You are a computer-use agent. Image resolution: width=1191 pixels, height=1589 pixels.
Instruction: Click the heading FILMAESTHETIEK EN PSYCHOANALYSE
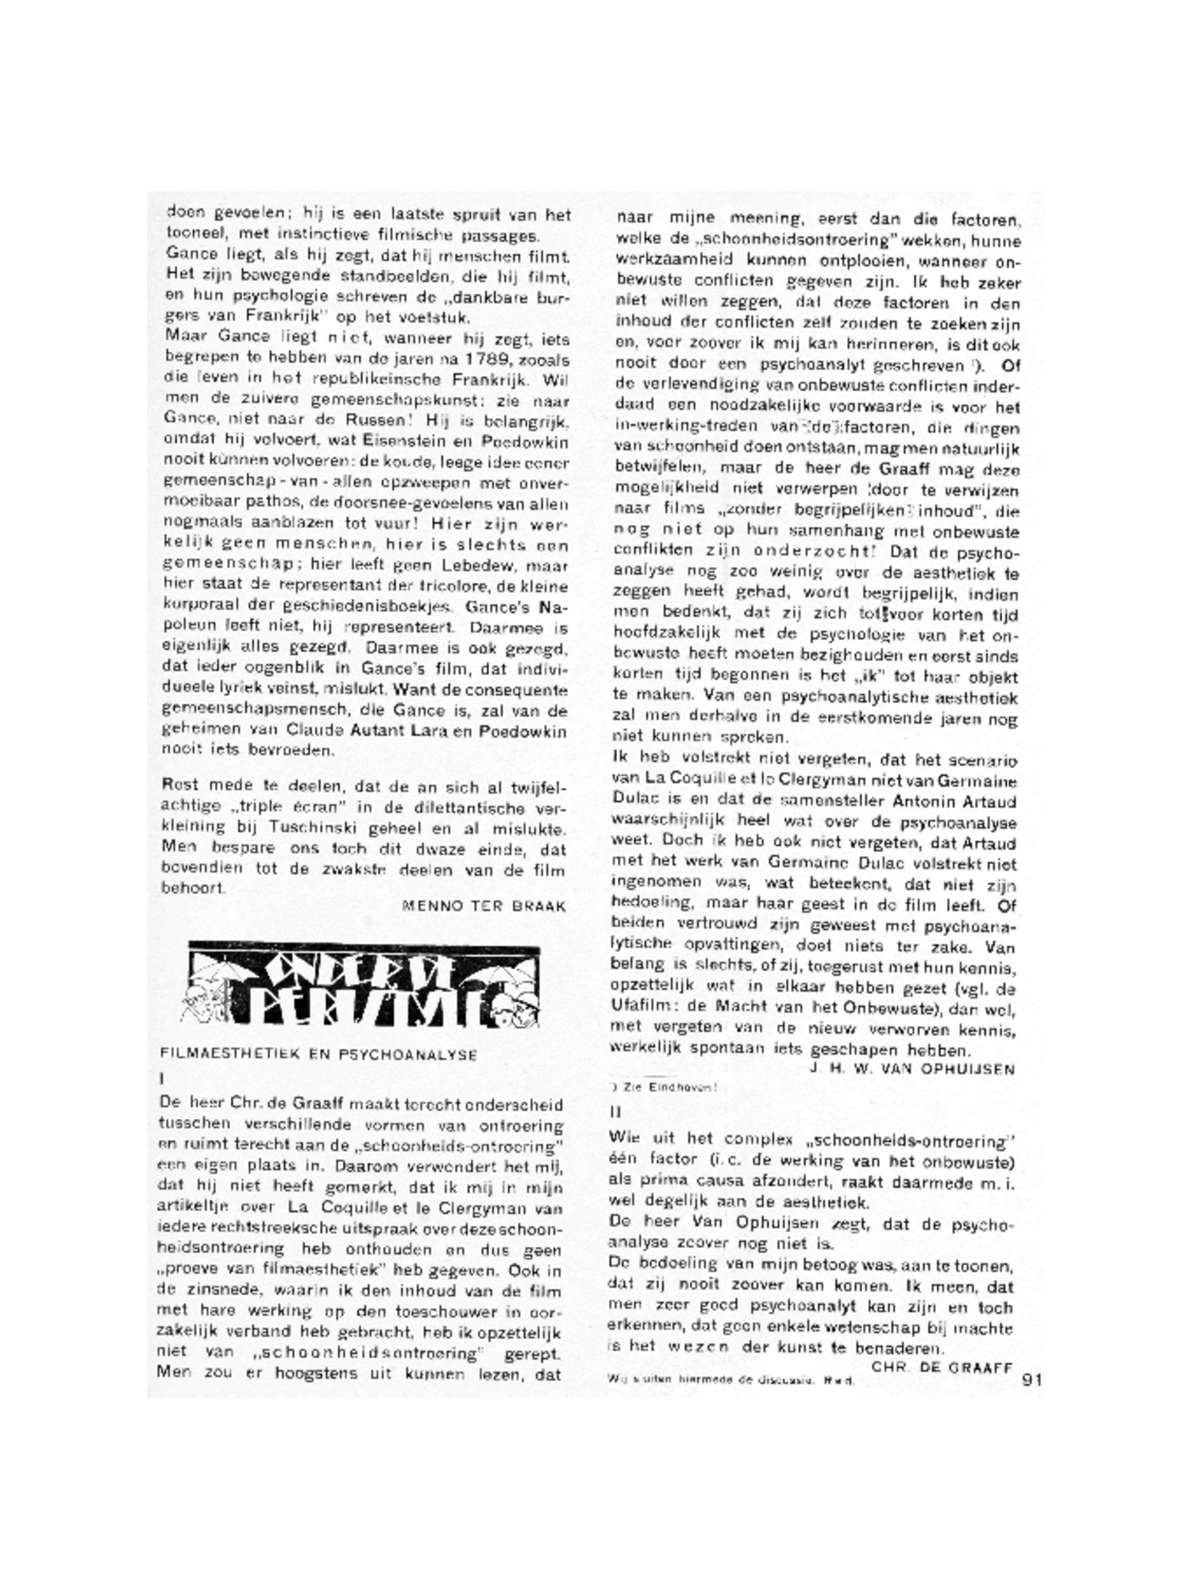tap(318, 1055)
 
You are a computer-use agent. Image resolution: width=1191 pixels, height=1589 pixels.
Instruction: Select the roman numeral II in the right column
tap(615, 1113)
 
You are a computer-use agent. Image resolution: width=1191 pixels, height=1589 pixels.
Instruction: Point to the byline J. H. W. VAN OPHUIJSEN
tap(912, 1068)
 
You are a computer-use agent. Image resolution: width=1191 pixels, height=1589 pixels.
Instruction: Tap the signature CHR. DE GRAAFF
tap(942, 1367)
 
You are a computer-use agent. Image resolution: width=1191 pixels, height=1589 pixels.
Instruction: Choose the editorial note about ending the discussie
tap(730, 1380)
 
